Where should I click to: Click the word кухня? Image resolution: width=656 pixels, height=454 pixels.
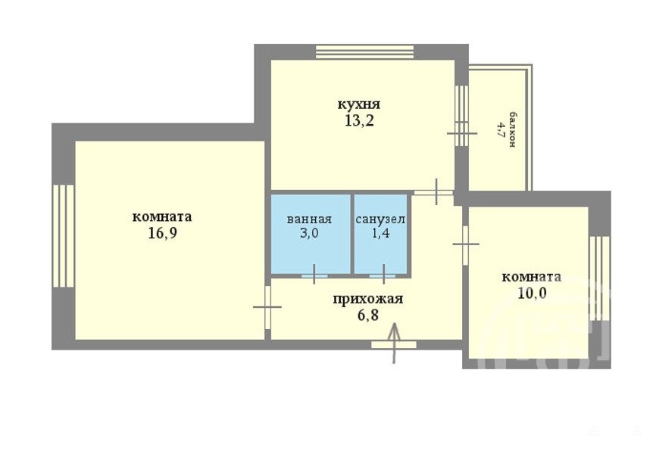click(x=359, y=104)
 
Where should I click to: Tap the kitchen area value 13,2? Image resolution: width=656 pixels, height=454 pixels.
click(x=359, y=121)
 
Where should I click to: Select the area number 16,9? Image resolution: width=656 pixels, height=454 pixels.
click(x=162, y=233)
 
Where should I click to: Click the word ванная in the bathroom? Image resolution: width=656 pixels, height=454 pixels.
click(x=309, y=219)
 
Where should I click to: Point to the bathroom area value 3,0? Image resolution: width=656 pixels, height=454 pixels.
click(x=309, y=233)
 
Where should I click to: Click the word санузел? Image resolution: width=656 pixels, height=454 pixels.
click(x=380, y=219)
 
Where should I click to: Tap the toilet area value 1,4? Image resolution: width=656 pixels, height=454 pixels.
click(x=381, y=233)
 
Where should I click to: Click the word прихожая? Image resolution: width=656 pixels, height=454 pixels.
click(x=368, y=299)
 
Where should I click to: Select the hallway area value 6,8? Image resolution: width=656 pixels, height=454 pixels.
click(x=367, y=315)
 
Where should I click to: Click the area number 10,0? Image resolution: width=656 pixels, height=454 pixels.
click(x=532, y=293)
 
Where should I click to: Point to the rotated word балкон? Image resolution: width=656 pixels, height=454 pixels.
click(x=511, y=129)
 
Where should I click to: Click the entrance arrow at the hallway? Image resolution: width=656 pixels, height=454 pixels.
click(x=395, y=343)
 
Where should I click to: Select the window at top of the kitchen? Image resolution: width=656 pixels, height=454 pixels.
click(x=365, y=52)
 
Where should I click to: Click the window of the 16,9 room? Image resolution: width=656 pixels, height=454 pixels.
click(x=64, y=236)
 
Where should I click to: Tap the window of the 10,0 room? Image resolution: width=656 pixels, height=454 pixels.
click(x=599, y=278)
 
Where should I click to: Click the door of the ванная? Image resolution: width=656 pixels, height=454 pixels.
click(x=314, y=275)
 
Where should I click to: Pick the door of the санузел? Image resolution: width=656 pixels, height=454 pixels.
click(x=383, y=275)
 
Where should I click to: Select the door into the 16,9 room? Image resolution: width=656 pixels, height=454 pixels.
click(x=267, y=307)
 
